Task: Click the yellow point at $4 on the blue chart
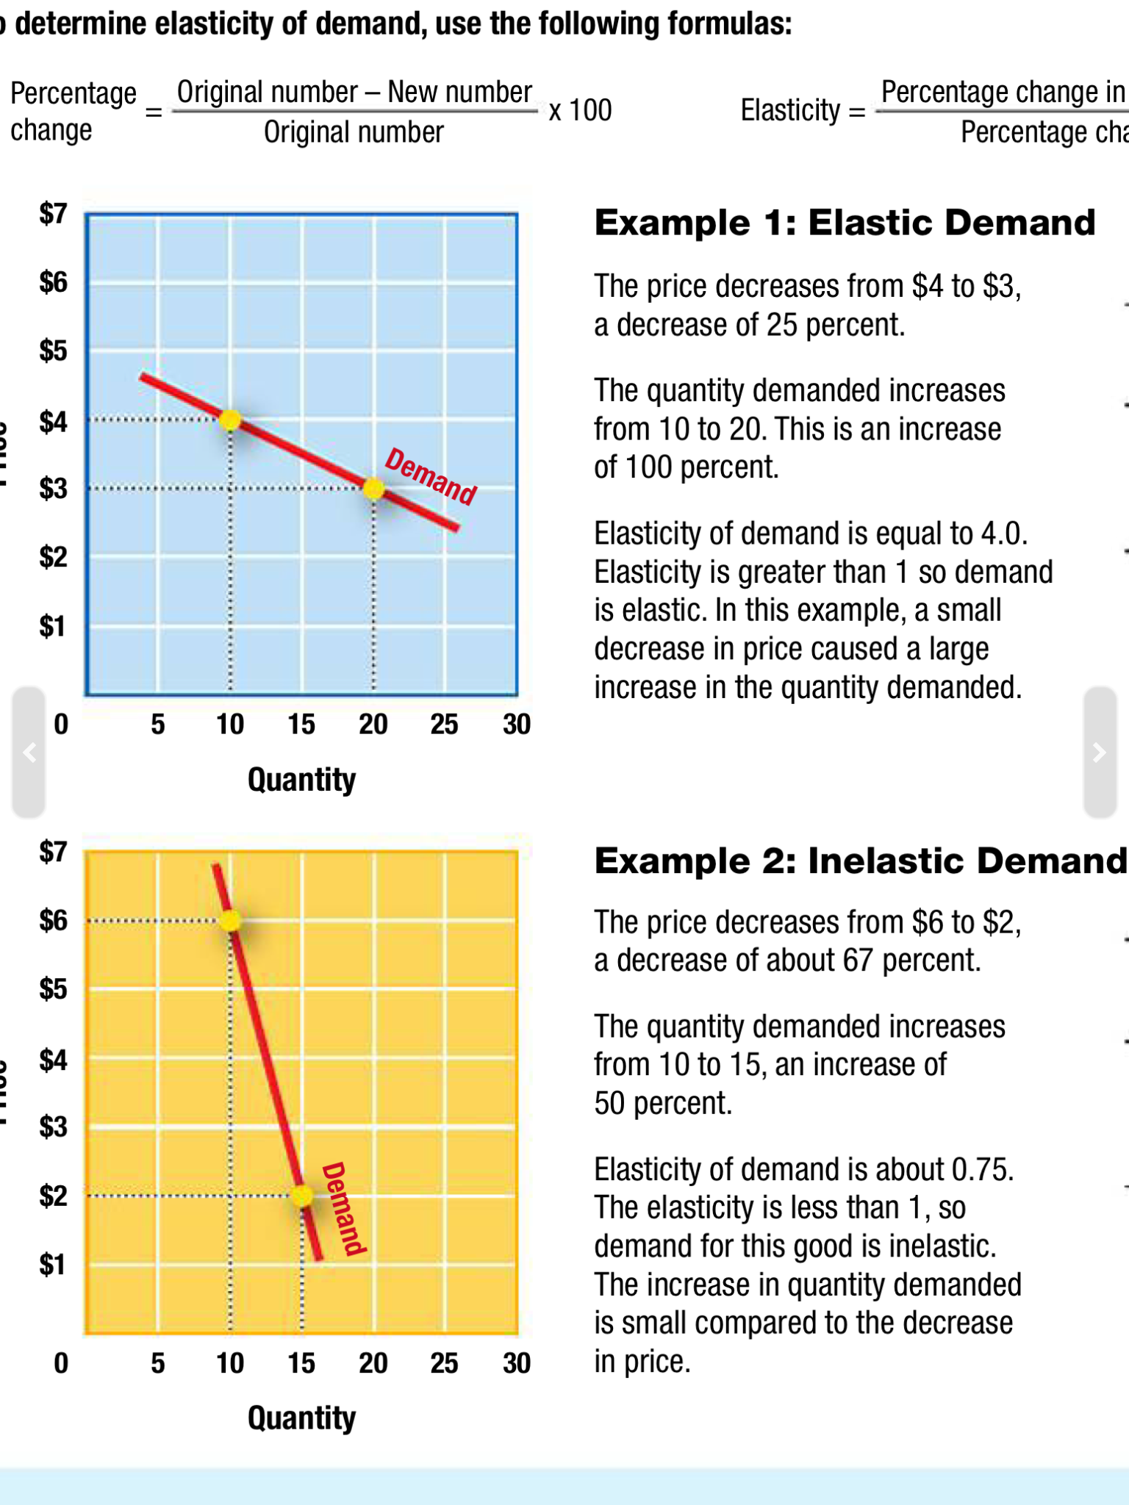pos(230,420)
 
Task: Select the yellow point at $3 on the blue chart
pos(373,488)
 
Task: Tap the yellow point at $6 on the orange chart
pos(230,920)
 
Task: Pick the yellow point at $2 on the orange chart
pos(302,1195)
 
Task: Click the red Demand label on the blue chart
pos(431,476)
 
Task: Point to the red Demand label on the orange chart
pos(344,1209)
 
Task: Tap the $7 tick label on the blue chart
pos(53,213)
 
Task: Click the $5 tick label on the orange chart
pos(53,989)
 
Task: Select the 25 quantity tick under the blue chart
pos(445,725)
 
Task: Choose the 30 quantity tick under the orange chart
pos(517,1363)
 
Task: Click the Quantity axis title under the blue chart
pos(301,780)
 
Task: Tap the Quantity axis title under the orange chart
pos(301,1418)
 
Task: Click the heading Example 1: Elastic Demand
pos(845,223)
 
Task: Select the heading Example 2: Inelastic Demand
pos(860,861)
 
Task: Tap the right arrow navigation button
pos(1100,752)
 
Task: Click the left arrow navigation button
pos(29,752)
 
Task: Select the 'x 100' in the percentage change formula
pos(580,110)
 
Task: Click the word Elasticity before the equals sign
pos(790,110)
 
